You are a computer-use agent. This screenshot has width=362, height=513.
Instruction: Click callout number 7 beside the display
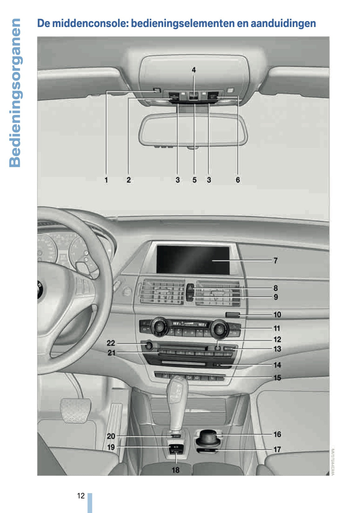[x=275, y=260]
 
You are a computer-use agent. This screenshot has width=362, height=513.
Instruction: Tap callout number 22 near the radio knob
[x=111, y=343]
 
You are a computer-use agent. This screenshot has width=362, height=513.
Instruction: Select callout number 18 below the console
[x=176, y=470]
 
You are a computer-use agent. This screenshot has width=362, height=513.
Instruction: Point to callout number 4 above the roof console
[x=194, y=70]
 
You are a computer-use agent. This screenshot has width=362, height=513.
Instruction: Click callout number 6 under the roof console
[x=238, y=180]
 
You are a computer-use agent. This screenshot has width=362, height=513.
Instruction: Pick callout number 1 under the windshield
[x=106, y=180]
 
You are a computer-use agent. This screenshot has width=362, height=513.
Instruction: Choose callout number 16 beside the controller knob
[x=277, y=434]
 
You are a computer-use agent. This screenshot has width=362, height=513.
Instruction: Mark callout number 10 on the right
[x=277, y=315]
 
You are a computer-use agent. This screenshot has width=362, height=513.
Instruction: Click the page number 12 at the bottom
[x=81, y=496]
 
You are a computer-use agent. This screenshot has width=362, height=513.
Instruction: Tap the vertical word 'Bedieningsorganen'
[x=15, y=93]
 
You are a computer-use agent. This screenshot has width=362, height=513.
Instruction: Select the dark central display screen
[x=193, y=259]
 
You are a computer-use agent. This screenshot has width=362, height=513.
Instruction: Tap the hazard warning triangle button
[x=190, y=289]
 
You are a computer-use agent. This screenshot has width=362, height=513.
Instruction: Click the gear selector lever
[x=177, y=400]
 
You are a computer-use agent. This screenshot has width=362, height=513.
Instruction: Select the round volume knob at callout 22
[x=149, y=345]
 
